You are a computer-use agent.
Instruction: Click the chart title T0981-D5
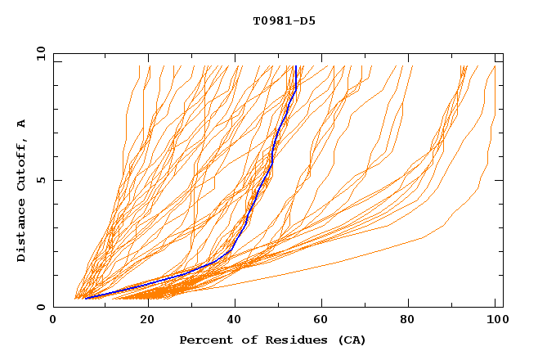284,20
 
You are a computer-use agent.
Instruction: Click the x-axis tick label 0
53,321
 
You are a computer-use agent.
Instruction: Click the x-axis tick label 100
495,321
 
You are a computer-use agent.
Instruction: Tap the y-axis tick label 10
40,53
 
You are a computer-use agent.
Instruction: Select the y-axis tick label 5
40,180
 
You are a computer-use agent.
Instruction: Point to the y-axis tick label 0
40,307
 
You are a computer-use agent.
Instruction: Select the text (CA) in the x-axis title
350,340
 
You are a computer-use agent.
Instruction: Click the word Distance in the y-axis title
22,232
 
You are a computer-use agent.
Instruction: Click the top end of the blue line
295,66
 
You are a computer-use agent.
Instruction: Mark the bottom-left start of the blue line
85,298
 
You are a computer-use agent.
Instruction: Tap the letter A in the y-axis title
22,124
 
